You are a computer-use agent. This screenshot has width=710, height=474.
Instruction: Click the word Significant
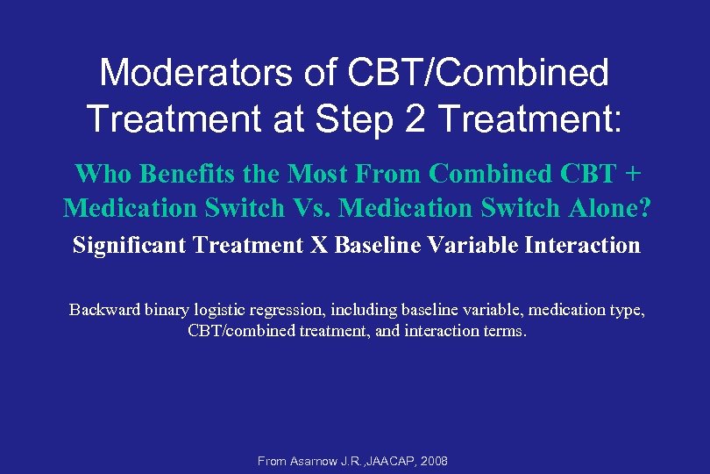128,245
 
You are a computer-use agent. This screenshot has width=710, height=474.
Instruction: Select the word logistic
226,310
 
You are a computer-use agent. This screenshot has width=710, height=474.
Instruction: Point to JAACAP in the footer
393,461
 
